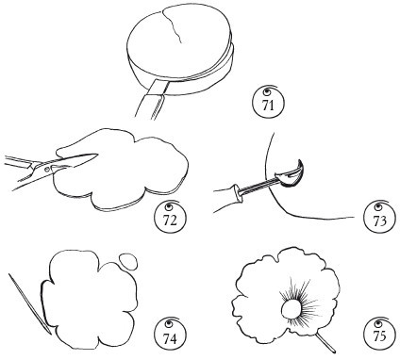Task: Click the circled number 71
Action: click(268, 103)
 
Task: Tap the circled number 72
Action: click(170, 218)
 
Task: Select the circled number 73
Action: click(379, 218)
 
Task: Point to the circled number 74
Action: click(170, 334)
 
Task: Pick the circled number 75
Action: click(379, 334)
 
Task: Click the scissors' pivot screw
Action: click(47, 170)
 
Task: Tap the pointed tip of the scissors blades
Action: click(97, 154)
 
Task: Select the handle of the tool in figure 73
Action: click(227, 199)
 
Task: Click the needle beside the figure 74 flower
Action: click(29, 303)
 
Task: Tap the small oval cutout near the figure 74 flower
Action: click(128, 260)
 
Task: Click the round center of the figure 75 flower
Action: click(292, 308)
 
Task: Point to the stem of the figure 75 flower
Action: click(325, 342)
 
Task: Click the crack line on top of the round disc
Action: click(173, 26)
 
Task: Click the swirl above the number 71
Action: click(269, 90)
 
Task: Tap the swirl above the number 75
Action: click(378, 322)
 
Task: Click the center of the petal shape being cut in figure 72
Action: click(125, 169)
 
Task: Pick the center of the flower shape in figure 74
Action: click(91, 299)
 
